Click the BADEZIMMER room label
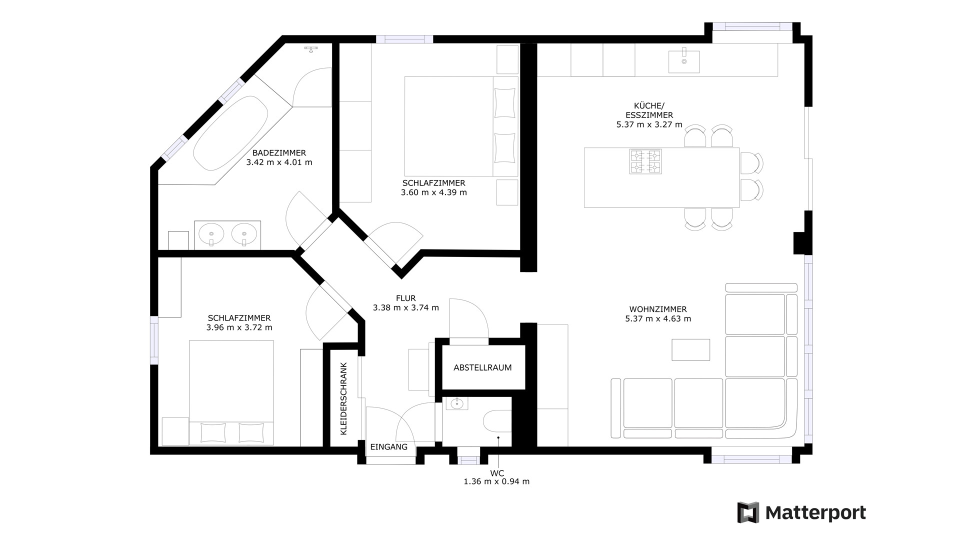279,153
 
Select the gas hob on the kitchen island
645,161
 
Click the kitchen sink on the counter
684,61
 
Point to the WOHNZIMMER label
658,309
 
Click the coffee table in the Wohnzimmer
690,349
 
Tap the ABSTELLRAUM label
482,367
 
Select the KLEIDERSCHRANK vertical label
343,398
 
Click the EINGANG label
389,447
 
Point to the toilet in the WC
498,421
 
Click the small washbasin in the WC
456,403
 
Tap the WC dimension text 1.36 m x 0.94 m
496,481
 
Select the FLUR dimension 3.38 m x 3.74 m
406,307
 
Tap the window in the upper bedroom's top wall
404,39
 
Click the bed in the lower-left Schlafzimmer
231,393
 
